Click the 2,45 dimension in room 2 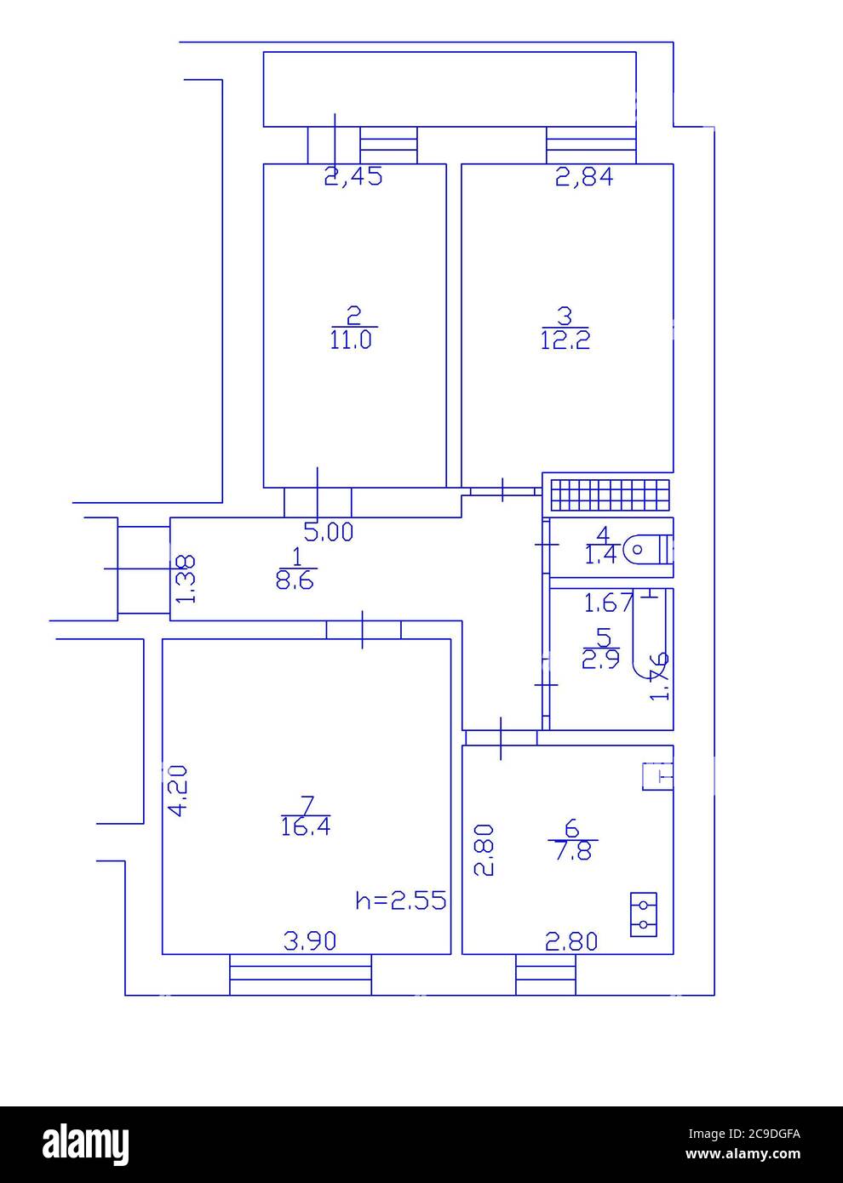pos(354,177)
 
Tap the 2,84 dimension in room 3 pos(584,177)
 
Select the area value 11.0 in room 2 pos(353,340)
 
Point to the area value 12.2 pos(565,340)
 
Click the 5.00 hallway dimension pos(329,534)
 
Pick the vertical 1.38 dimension pos(186,579)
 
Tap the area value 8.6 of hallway pos(297,580)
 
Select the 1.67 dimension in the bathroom pos(608,603)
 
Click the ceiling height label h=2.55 pos(400,900)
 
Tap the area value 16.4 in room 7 pos(306,826)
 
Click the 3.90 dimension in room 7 pos(310,940)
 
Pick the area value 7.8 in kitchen pos(572,850)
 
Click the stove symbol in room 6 pos(644,914)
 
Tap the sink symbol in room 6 pos(657,776)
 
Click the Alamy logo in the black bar pos(86,1141)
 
